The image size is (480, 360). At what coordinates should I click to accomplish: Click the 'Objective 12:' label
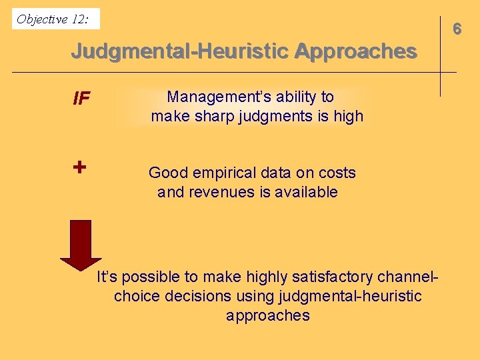(52, 19)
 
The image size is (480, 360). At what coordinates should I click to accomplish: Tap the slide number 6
(457, 29)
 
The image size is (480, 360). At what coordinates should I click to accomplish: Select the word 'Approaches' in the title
(355, 51)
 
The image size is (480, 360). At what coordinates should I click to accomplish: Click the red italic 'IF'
(81, 100)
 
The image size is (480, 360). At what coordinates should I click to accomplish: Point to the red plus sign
(79, 167)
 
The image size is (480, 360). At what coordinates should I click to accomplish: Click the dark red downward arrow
(81, 244)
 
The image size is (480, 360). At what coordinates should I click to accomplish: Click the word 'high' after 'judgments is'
(349, 116)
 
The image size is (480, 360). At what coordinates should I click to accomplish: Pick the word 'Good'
(168, 173)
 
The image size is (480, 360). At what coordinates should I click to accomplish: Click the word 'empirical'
(223, 173)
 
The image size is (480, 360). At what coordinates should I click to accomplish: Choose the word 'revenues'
(221, 193)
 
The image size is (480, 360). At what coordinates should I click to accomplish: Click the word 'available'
(307, 193)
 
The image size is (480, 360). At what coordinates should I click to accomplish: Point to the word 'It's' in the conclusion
(109, 276)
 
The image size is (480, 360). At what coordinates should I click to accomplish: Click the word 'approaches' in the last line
(268, 315)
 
